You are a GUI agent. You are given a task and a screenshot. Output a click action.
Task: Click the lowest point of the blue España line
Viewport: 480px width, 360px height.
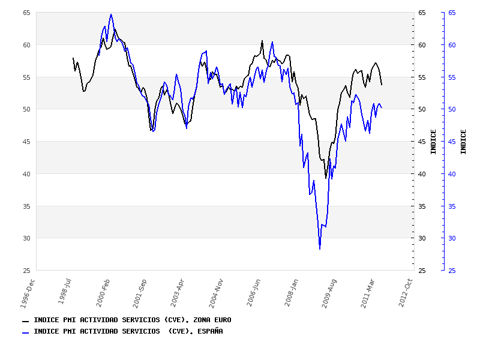point(320,248)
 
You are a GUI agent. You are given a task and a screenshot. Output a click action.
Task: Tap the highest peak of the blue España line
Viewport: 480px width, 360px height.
point(111,14)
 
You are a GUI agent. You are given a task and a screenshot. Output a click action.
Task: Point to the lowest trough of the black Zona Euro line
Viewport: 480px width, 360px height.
point(326,178)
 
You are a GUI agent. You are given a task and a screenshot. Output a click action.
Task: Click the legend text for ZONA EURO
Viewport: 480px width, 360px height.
point(132,320)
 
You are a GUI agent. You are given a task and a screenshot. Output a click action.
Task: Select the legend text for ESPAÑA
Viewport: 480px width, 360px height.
point(128,331)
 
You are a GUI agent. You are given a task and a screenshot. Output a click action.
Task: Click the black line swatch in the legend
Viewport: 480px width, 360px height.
point(26,321)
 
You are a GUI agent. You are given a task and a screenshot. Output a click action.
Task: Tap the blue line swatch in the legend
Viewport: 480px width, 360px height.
point(26,332)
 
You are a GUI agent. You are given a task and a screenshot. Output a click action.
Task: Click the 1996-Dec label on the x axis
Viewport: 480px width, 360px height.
point(28,293)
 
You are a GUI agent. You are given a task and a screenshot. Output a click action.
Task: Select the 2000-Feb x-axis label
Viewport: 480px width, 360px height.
point(103,293)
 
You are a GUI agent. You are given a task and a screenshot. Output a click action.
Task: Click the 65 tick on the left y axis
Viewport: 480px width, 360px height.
point(26,13)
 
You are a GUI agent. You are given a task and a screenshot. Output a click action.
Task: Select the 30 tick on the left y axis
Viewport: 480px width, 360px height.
point(26,238)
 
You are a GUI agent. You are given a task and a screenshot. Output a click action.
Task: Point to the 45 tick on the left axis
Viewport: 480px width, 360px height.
point(26,142)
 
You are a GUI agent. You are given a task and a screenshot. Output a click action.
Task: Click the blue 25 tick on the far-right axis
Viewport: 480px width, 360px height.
point(452,271)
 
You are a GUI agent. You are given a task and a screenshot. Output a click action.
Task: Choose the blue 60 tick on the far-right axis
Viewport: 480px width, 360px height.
point(452,45)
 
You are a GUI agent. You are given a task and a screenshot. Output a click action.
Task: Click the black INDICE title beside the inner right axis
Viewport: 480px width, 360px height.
point(434,142)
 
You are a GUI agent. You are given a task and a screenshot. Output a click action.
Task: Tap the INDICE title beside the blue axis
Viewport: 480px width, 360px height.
point(464,142)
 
